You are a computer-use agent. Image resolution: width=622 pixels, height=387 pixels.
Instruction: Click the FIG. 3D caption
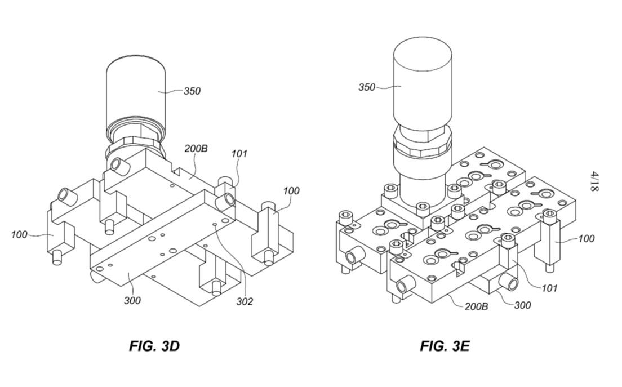(154, 346)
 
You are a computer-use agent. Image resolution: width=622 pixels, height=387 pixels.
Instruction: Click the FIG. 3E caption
(445, 346)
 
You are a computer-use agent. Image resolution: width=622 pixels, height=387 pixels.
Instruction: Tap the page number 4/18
(594, 181)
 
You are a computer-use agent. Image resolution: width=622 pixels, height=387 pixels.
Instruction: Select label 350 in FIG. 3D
(192, 91)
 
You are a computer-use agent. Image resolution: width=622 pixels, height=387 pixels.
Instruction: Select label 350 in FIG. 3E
(367, 87)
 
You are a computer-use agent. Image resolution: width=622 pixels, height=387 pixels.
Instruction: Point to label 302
(245, 302)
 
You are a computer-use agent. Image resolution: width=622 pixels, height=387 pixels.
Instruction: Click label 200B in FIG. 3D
(196, 149)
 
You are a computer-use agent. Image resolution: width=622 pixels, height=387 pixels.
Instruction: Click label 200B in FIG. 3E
(477, 306)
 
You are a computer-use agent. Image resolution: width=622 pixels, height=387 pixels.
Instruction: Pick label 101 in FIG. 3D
(239, 153)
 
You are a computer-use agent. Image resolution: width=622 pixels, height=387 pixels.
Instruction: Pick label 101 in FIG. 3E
(549, 288)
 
